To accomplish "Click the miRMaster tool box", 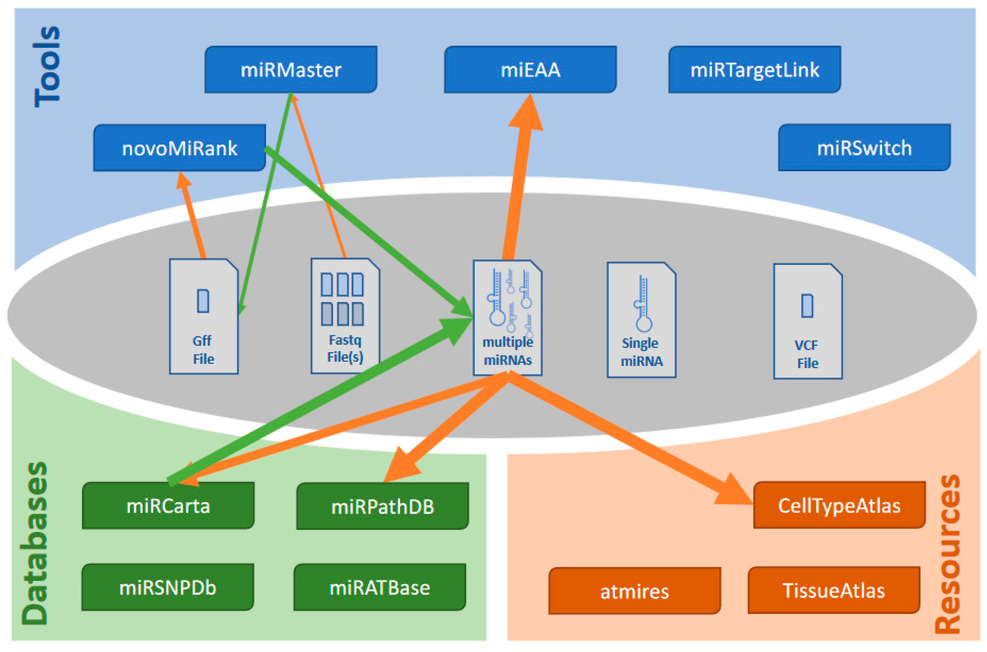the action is point(291,69).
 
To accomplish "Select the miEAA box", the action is point(530,69).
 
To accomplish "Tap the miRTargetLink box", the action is point(755,69).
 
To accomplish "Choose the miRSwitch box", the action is point(864,148).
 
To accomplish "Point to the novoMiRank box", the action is point(180,148).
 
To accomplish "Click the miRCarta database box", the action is point(168,505).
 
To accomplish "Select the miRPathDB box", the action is point(382,506).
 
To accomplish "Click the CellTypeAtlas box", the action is point(839,505).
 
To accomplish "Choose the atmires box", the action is point(634,591).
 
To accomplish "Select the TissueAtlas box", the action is point(834,590).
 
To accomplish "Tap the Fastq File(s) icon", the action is point(345,316).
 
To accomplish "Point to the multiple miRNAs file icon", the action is point(507,318).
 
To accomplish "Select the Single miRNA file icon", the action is point(641,319).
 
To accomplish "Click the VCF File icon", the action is point(808,321).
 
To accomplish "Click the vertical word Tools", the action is point(47,66).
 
